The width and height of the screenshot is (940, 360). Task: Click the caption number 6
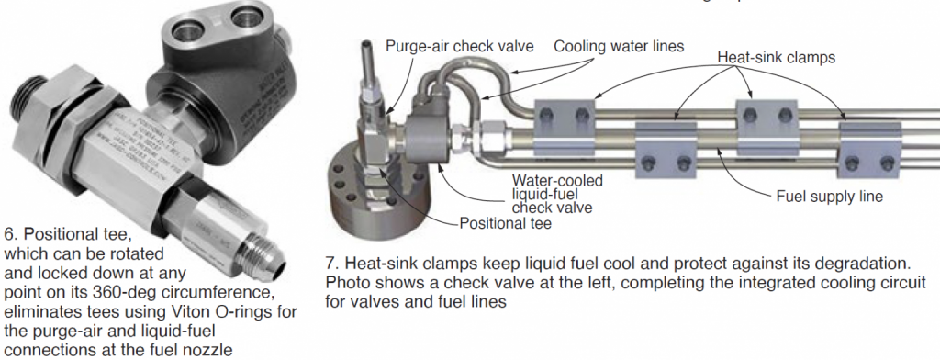[x=8, y=232]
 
